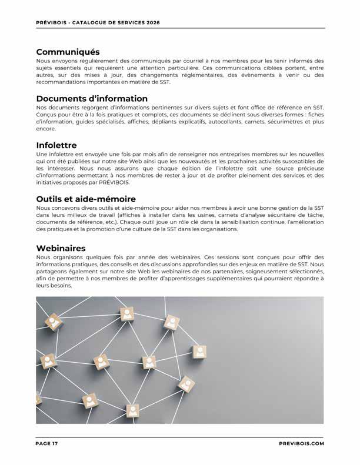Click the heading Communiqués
(68, 52)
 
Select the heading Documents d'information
(92, 98)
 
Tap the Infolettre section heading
(56, 145)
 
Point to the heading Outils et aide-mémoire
(86, 199)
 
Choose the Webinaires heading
(61, 249)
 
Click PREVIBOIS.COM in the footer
(301, 444)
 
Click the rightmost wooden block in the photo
(199, 352)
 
